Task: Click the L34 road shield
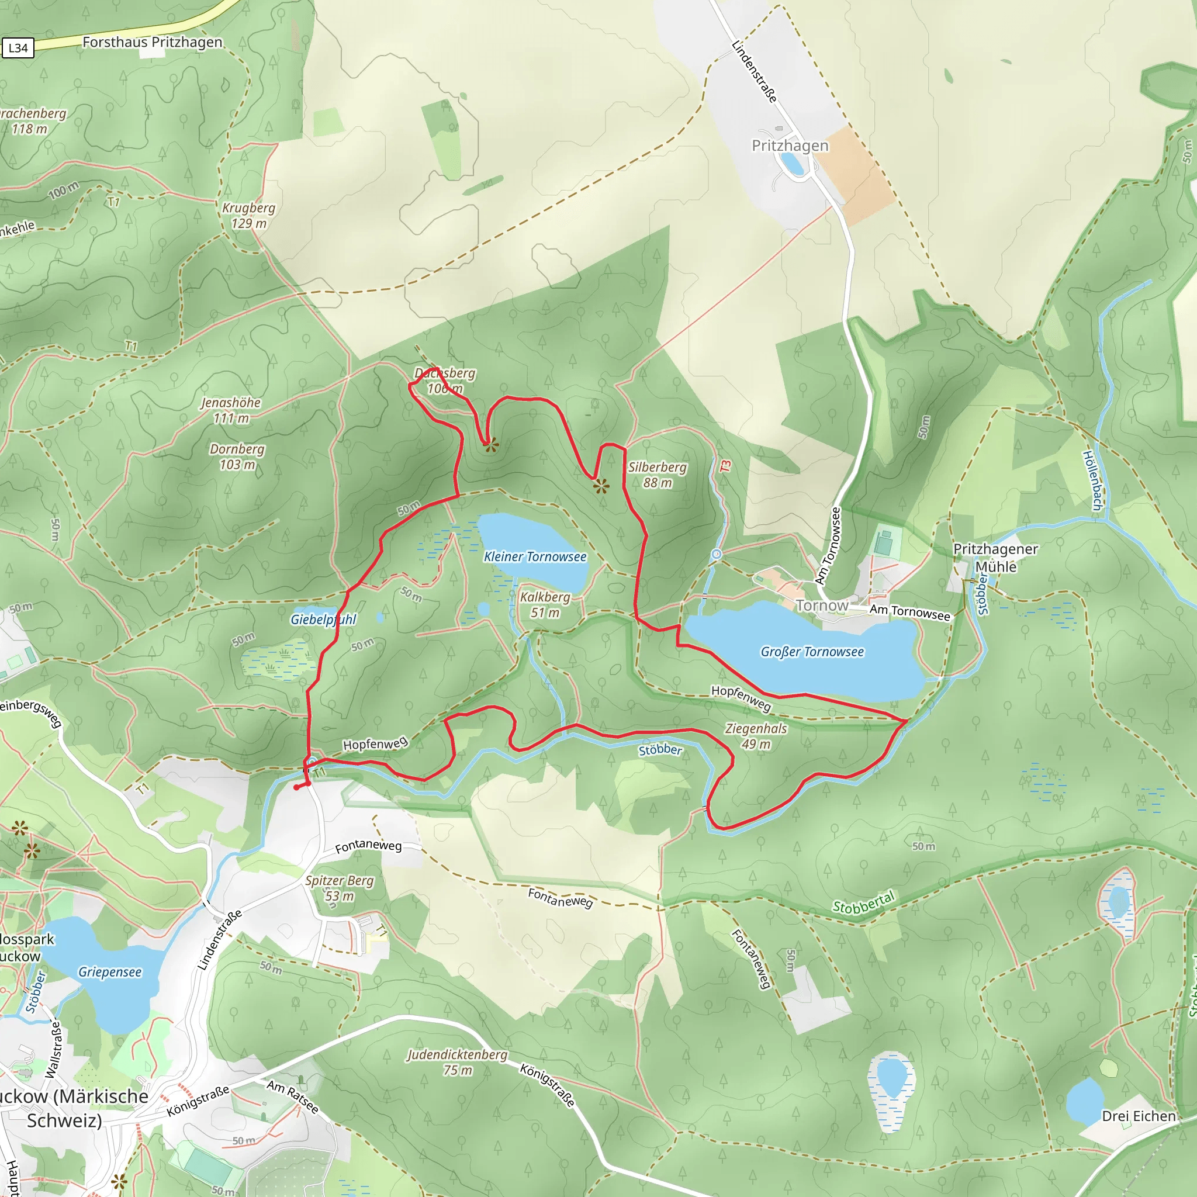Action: click(18, 48)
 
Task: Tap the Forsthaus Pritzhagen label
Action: click(152, 42)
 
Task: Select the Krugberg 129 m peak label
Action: click(248, 216)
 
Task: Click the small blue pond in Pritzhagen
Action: click(792, 164)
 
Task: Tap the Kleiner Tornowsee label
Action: click(535, 556)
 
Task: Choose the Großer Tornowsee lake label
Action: click(812, 652)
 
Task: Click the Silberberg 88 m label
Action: click(657, 475)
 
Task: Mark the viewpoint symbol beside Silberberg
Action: click(600, 485)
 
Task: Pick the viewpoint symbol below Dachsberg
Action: click(491, 445)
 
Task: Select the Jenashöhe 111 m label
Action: click(230, 410)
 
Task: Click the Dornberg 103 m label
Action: click(237, 456)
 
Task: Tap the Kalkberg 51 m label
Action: click(545, 605)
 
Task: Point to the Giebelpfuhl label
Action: click(323, 619)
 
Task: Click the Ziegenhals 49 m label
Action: click(755, 736)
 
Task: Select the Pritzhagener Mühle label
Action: click(995, 558)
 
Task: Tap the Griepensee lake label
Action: click(110, 972)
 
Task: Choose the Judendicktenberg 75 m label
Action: click(457, 1062)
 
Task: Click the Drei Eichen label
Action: click(1138, 1116)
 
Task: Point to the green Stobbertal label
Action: click(864, 902)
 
